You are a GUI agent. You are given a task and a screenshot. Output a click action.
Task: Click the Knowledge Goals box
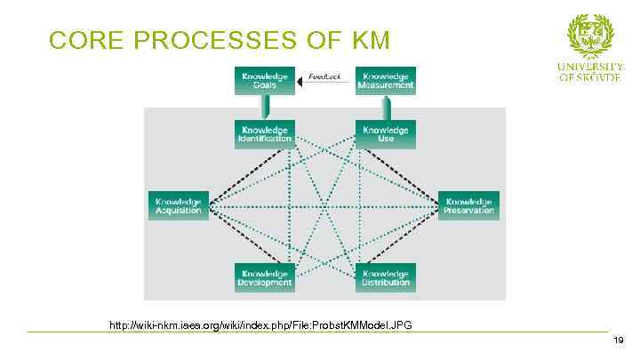pos(264,80)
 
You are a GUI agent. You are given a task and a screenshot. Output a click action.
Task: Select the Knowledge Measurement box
pos(385,80)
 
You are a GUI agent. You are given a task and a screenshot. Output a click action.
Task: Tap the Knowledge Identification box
pos(264,133)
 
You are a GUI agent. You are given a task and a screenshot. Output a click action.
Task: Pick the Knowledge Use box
pos(385,133)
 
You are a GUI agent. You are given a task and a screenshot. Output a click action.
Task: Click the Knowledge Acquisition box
pos(178,205)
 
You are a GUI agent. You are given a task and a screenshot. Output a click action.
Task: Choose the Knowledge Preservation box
pos(469,205)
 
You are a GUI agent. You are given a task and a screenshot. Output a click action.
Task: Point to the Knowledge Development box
pos(264,277)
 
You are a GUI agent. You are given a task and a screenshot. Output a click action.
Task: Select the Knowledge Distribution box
pos(385,277)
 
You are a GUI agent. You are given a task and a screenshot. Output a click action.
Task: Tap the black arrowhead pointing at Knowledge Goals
pos(301,82)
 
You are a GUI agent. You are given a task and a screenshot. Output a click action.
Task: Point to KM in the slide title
pos(370,41)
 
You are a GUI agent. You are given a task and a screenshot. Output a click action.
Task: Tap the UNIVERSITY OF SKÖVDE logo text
pos(590,71)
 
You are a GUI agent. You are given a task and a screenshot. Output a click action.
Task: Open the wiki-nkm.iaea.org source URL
pos(260,324)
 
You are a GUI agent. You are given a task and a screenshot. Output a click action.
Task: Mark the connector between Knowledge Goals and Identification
pos(264,107)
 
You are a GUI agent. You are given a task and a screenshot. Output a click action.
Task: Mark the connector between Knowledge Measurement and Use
pos(385,107)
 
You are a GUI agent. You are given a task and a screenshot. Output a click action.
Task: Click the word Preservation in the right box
pos(469,211)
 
